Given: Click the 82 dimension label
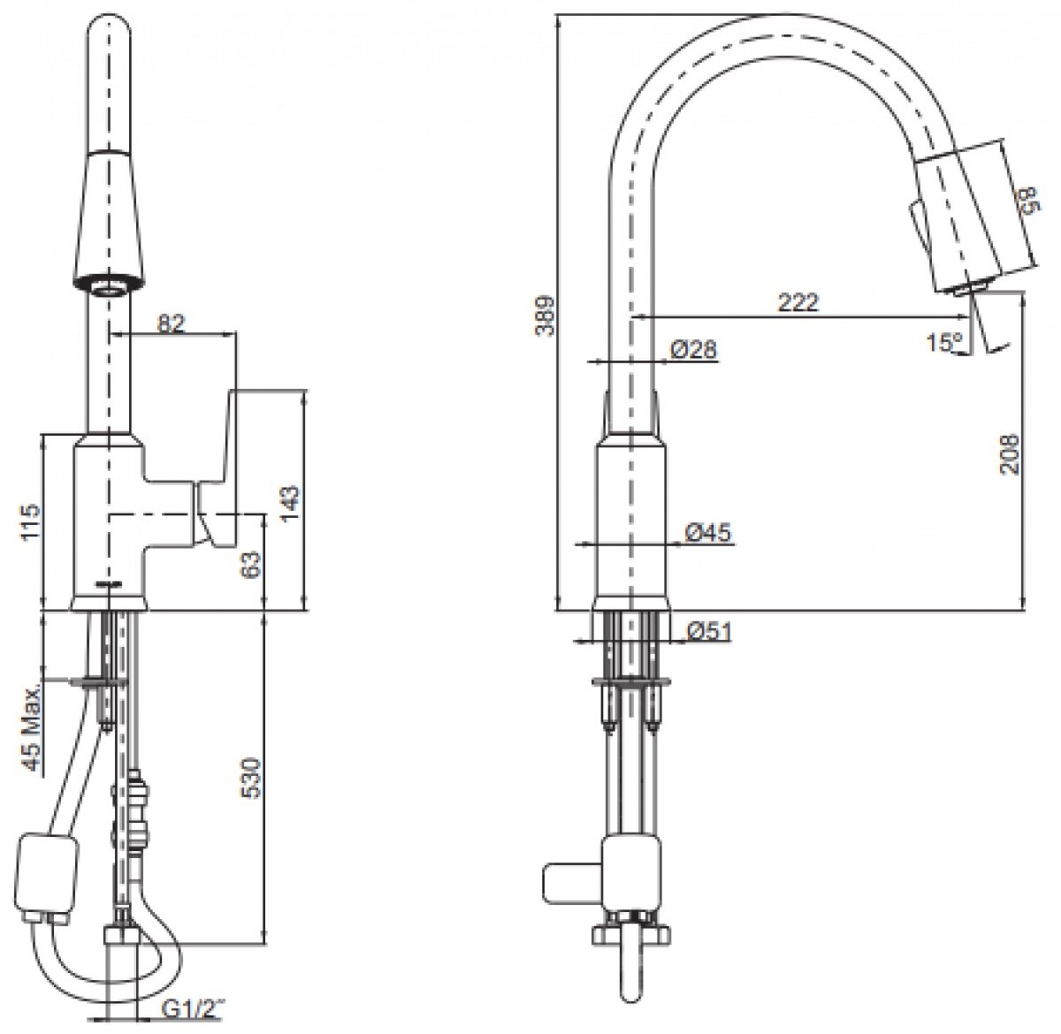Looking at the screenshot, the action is (172, 323).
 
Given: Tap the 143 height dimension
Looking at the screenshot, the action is (290, 503).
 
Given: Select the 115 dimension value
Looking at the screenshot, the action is (31, 521).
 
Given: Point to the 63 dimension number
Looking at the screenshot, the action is (251, 566).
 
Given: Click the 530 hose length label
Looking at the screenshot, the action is (251, 778).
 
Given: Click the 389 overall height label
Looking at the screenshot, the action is (545, 316).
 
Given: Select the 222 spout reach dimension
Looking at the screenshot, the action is (798, 302).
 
